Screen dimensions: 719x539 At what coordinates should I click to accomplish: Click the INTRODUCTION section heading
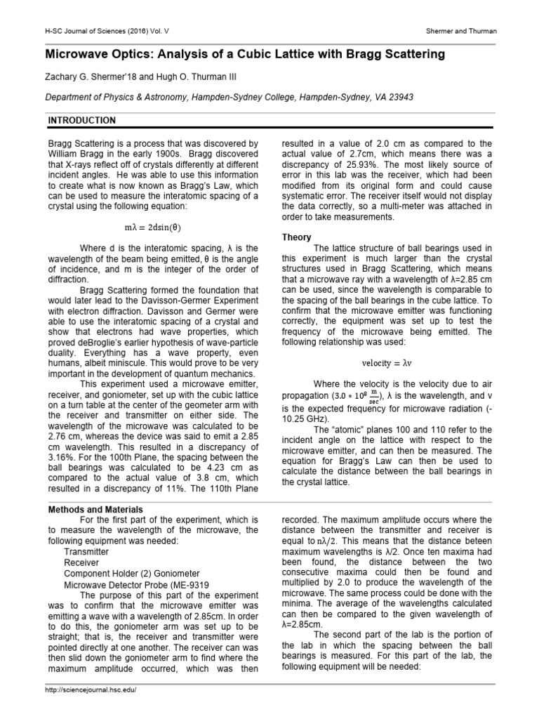pyautogui.click(x=81, y=120)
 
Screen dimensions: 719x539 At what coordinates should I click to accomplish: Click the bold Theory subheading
pyautogui.click(x=297, y=237)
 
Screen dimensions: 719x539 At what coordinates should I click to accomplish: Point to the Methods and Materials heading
pyautogui.click(x=95, y=509)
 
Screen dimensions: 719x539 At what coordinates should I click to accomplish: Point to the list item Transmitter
pyautogui.click(x=86, y=552)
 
